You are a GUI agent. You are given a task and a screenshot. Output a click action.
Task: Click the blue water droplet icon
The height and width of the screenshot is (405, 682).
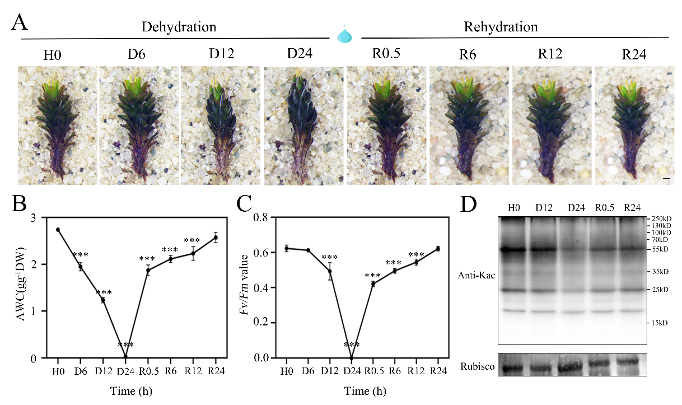345,35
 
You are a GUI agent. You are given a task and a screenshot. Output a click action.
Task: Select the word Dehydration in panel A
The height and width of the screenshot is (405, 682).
179,26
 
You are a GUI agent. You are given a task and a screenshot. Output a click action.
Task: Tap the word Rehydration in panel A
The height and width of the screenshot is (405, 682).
501,26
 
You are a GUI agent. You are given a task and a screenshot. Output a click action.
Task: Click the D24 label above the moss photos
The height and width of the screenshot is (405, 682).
300,54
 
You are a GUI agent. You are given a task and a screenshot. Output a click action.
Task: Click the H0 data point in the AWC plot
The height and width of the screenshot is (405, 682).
58,230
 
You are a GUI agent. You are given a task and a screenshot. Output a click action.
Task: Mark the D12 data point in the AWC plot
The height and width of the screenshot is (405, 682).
103,300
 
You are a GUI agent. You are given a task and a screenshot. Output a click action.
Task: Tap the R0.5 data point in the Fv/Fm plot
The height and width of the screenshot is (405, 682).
372,284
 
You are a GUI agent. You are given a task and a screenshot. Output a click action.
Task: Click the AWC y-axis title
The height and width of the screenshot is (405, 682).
22,287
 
